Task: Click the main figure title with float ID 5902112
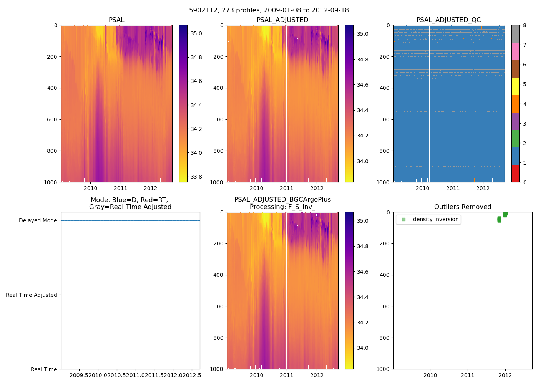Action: click(x=269, y=10)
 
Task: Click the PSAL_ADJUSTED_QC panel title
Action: click(x=448, y=20)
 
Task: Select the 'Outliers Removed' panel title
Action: click(x=462, y=207)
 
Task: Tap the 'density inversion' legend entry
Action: click(x=435, y=220)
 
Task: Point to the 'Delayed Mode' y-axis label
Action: click(x=38, y=220)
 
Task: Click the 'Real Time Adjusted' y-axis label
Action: click(x=32, y=295)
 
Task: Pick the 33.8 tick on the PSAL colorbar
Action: click(x=196, y=177)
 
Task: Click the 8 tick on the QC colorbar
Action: click(x=524, y=25)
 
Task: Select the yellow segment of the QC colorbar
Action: click(x=515, y=86)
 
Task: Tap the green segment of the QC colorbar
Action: click(x=515, y=138)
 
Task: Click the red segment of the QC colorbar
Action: click(x=515, y=173)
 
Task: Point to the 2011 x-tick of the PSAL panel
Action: click(x=120, y=188)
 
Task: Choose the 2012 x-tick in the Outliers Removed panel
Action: click(x=505, y=375)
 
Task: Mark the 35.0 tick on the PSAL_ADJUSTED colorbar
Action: click(x=363, y=34)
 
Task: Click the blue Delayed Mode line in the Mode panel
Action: click(x=130, y=220)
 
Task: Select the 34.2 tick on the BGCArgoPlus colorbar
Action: click(x=363, y=323)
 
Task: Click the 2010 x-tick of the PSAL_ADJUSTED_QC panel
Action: click(x=422, y=188)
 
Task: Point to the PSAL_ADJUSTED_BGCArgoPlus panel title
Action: click(x=282, y=203)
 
